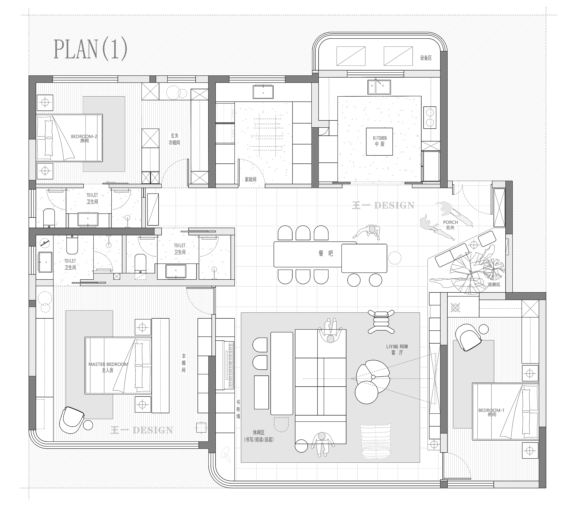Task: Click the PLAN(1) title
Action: tap(90, 49)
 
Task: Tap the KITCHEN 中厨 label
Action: tap(380, 141)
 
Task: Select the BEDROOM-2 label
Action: tap(84, 138)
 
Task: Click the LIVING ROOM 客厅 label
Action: tap(397, 349)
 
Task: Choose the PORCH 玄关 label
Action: tap(450, 225)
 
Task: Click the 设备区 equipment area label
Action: tap(426, 58)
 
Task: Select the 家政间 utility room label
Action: tap(251, 179)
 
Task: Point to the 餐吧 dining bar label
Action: tap(326, 253)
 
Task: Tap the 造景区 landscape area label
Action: tap(494, 284)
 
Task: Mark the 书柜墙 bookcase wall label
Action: tap(238, 409)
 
